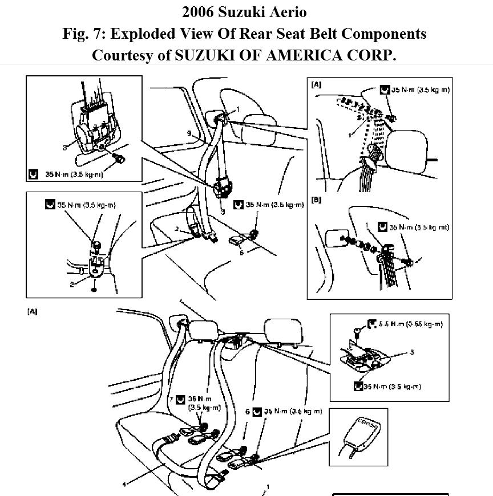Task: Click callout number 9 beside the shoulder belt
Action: point(189,134)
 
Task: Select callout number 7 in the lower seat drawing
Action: point(171,400)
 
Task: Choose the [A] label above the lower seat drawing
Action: point(31,312)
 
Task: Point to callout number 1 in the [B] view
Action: point(367,225)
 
